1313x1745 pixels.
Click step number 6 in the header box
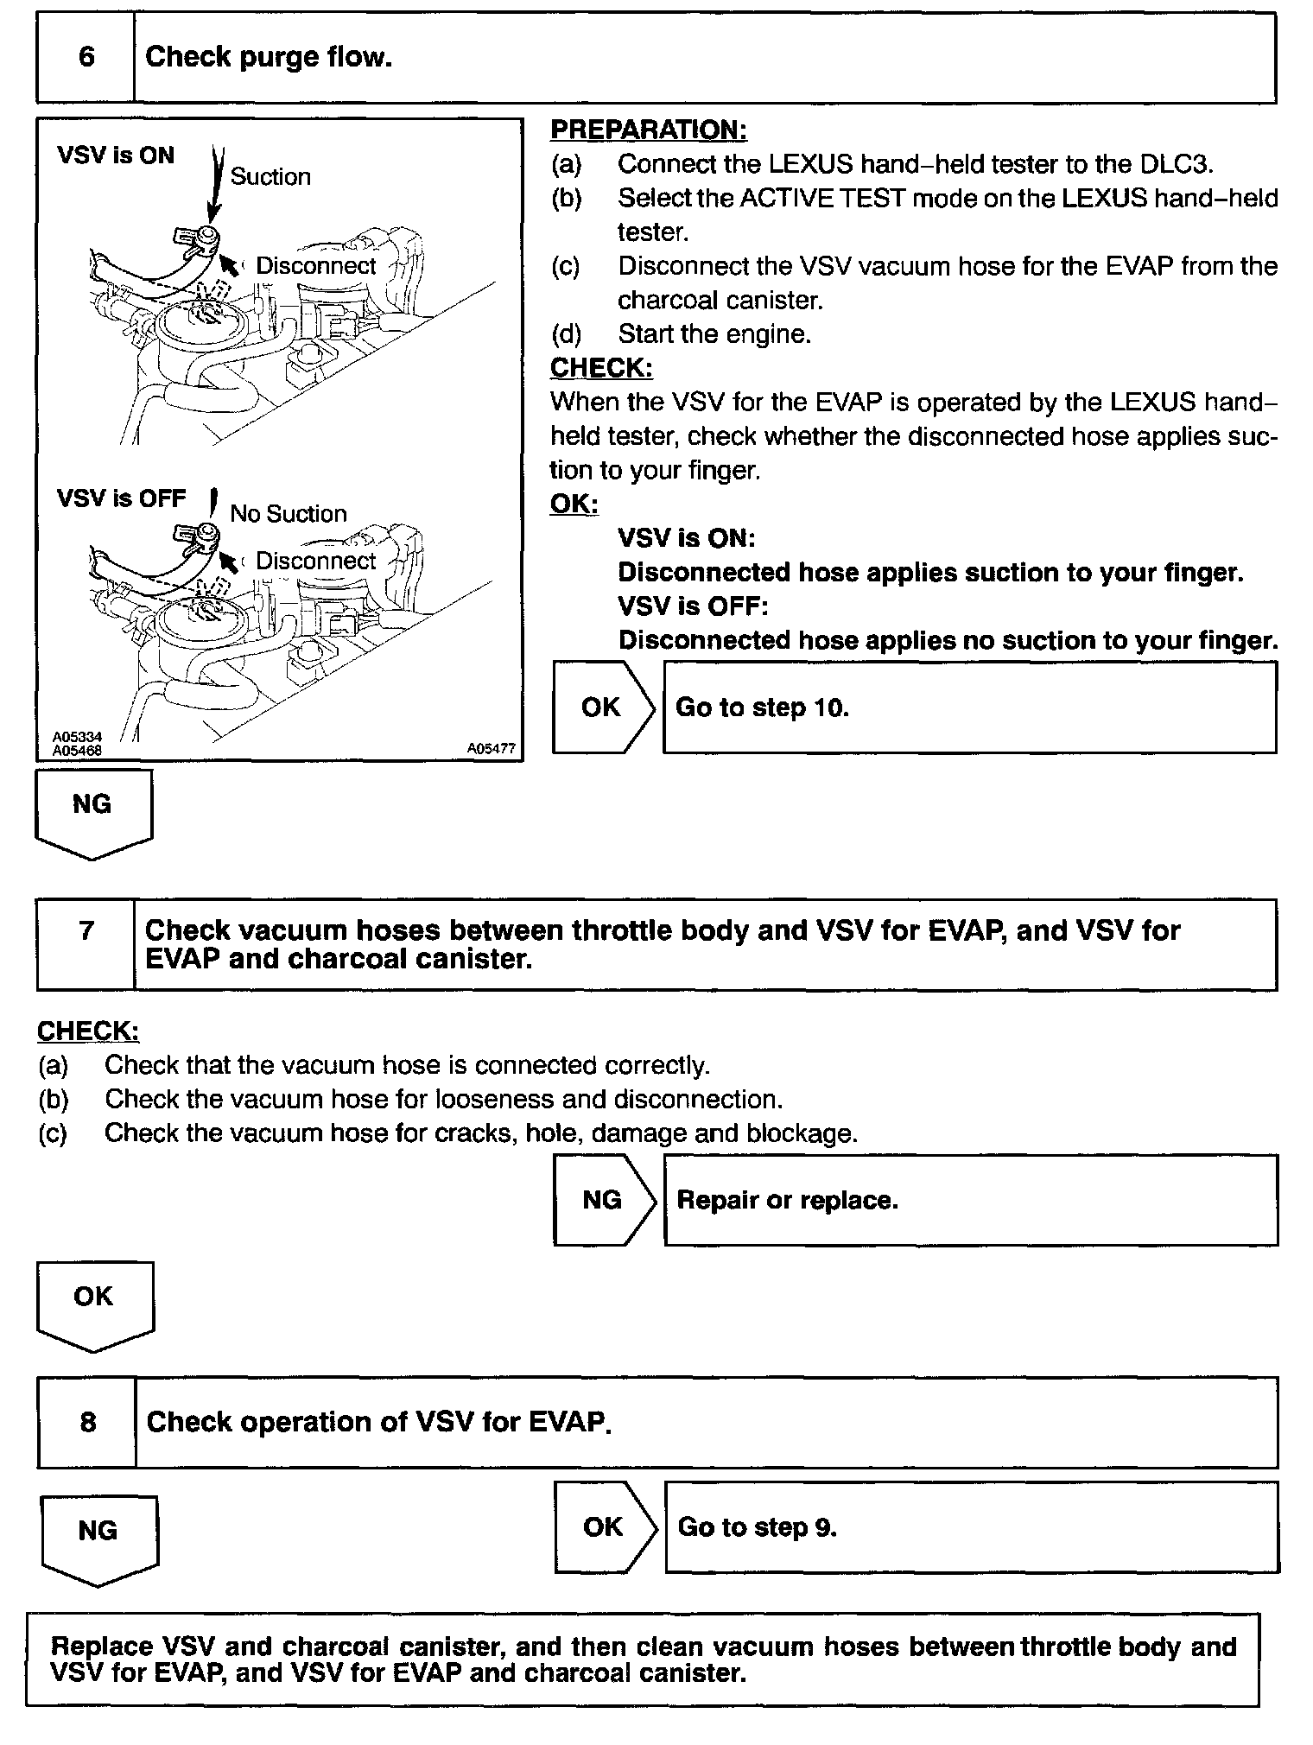(86, 57)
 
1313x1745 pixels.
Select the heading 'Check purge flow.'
(268, 57)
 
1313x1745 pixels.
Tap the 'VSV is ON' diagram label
(116, 155)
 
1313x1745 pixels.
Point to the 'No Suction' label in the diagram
(288, 514)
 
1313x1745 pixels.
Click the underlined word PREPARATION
(648, 130)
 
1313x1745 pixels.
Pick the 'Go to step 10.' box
(969, 708)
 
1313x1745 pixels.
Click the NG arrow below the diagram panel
(92, 812)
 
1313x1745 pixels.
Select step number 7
(86, 931)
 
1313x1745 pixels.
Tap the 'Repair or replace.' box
(970, 1200)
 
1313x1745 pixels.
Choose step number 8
(87, 1422)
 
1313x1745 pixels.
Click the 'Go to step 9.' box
(971, 1527)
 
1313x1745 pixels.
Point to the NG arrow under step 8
(98, 1539)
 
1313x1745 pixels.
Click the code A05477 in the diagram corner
(491, 749)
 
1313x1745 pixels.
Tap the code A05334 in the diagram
(77, 737)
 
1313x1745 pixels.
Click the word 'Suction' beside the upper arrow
(270, 177)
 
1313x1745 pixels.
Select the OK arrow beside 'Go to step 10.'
(602, 708)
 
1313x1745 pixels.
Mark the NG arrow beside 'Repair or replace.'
(603, 1200)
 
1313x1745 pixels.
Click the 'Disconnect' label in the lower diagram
(315, 561)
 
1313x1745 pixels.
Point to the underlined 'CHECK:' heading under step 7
(87, 1031)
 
